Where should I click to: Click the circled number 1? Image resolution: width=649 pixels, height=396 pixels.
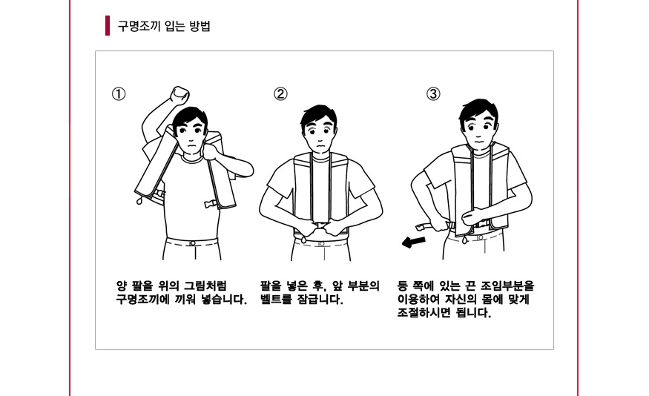(119, 94)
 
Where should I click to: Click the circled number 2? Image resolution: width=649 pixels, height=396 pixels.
(280, 94)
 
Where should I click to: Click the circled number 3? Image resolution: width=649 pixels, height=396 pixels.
(433, 94)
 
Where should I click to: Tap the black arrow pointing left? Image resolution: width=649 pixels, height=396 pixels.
(413, 242)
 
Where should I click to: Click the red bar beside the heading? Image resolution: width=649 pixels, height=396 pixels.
(108, 26)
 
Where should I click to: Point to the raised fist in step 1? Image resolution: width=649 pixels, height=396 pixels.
(179, 95)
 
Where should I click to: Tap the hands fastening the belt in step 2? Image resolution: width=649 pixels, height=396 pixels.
(320, 227)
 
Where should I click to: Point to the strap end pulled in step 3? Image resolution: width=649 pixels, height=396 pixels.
(422, 227)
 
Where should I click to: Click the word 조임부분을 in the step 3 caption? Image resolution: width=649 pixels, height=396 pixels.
(507, 286)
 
